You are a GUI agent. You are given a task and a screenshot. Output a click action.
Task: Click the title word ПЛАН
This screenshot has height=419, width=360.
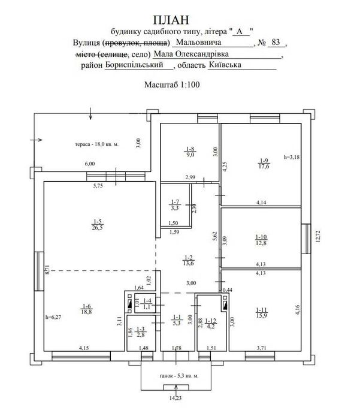pos(171,20)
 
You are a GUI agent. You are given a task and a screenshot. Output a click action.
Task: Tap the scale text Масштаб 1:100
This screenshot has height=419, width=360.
pos(172,85)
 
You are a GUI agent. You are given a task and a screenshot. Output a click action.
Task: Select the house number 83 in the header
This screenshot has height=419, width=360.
pos(276,42)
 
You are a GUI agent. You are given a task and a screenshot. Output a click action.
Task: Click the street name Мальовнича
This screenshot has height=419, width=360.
pos(199,42)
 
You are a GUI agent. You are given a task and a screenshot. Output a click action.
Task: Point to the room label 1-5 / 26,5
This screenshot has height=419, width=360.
pos(97,224)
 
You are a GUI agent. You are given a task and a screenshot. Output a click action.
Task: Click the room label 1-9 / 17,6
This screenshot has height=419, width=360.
pos(264,164)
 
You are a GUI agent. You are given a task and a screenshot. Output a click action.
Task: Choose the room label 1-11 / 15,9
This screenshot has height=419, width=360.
pos(261,313)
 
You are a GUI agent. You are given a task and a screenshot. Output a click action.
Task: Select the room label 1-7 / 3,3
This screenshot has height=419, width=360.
pos(175,205)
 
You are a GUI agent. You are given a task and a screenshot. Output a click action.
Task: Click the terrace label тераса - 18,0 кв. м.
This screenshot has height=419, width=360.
pos(97,144)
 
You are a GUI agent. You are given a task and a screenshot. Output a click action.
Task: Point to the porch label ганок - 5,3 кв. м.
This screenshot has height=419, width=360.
pos(179,376)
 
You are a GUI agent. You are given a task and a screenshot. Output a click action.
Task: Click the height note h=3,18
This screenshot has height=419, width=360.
pos(292,157)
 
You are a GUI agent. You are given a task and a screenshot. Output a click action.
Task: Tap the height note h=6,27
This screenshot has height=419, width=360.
pos(53,318)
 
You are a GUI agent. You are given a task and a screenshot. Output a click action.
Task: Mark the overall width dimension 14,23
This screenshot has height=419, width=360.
pos(176,398)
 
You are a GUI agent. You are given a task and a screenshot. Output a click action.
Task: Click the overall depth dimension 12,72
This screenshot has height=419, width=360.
pos(317,236)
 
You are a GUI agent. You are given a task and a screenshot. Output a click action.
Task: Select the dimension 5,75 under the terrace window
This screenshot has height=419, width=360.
pos(98,186)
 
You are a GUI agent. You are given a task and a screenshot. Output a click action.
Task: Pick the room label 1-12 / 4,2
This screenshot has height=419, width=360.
pos(211,323)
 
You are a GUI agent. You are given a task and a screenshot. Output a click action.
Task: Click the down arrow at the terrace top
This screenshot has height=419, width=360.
pos(90,113)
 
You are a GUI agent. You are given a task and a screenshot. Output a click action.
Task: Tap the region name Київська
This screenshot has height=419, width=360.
pos(225,65)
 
